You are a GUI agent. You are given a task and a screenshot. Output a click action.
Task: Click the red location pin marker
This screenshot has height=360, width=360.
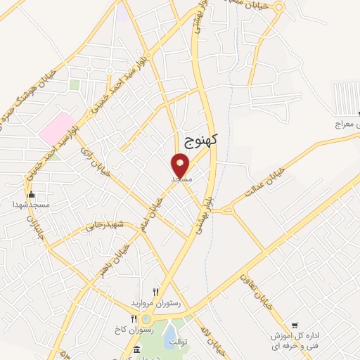(181, 165)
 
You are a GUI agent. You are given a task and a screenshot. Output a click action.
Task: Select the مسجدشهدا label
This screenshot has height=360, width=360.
(30, 204)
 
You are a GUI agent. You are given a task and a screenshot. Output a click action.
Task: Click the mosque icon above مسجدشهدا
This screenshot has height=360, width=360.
(30, 195)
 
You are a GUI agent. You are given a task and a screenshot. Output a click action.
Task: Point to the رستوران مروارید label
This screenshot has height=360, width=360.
(156, 302)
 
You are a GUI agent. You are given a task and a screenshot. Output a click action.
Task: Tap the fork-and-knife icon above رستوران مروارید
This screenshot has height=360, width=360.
(156, 292)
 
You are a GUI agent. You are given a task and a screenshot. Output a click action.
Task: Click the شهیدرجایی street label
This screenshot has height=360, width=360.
(105, 226)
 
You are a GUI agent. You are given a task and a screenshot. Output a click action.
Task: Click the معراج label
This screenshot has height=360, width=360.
(346, 123)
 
